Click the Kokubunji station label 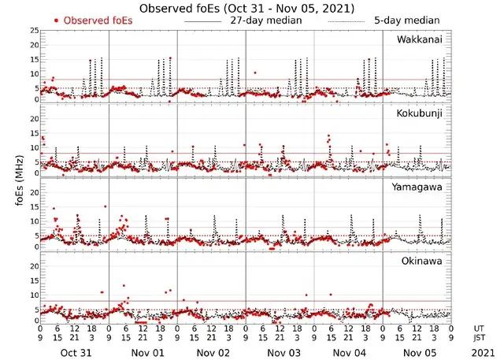pos(420,114)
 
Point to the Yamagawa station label pos(420,187)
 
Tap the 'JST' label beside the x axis pos(480,339)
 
